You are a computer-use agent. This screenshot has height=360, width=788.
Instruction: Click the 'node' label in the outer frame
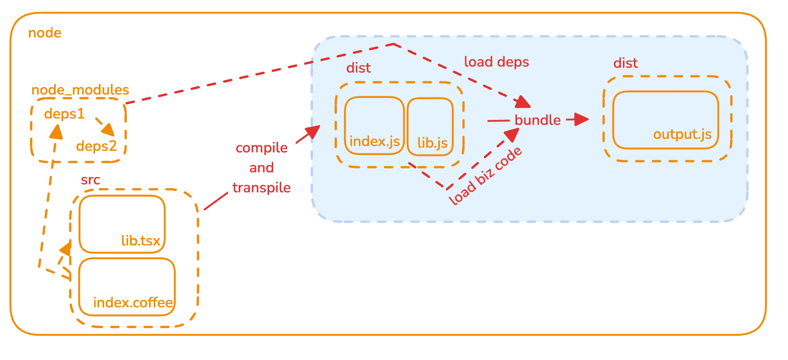pyautogui.click(x=44, y=33)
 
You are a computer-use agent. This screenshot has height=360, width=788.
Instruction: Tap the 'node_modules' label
pyautogui.click(x=80, y=90)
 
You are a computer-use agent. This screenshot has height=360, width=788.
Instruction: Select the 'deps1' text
pyautogui.click(x=64, y=114)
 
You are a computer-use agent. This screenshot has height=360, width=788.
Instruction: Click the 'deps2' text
pyautogui.click(x=96, y=146)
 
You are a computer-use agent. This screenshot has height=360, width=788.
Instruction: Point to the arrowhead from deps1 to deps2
pyautogui.click(x=109, y=130)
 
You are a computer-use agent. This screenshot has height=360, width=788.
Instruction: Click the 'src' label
pyautogui.click(x=90, y=180)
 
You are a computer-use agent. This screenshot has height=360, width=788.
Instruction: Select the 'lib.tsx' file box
pyautogui.click(x=122, y=224)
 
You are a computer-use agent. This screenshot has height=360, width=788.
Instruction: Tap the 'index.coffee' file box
pyautogui.click(x=127, y=287)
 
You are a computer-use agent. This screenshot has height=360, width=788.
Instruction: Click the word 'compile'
pyautogui.click(x=261, y=148)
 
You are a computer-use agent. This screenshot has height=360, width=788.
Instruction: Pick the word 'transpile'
pyautogui.click(x=261, y=188)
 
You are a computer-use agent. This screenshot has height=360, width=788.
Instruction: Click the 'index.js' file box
pyautogui.click(x=374, y=126)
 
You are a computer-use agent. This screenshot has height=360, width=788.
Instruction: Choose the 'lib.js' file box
pyautogui.click(x=430, y=127)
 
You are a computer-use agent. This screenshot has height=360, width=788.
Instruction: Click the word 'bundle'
pyautogui.click(x=538, y=120)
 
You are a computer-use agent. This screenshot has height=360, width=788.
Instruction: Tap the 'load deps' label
pyautogui.click(x=496, y=62)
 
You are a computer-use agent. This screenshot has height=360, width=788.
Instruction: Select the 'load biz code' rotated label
pyautogui.click(x=485, y=176)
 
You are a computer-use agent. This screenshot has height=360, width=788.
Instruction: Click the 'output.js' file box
pyautogui.click(x=665, y=120)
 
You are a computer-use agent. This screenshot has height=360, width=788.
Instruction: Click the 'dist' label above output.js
pyautogui.click(x=625, y=63)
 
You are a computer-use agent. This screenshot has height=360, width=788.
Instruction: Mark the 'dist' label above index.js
pyautogui.click(x=358, y=68)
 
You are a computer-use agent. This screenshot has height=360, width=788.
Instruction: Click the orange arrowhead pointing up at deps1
pyautogui.click(x=56, y=132)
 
